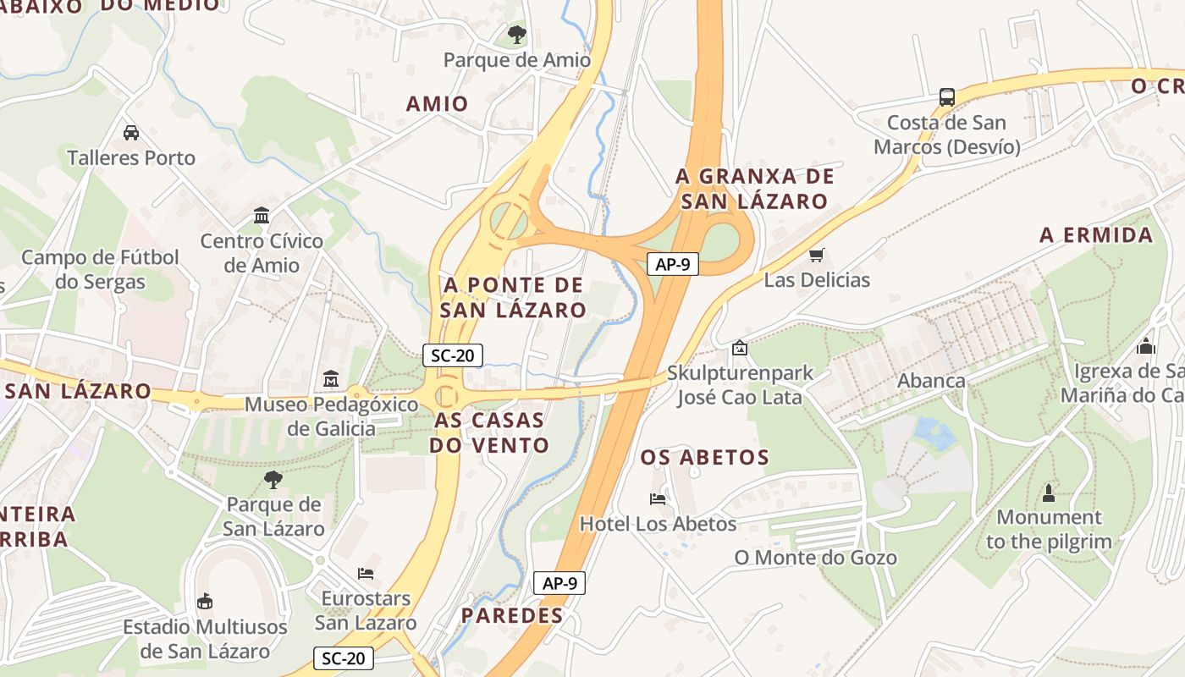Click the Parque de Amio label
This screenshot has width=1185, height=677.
516,60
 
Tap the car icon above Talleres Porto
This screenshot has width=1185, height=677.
131,133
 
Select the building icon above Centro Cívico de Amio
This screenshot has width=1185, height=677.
262,215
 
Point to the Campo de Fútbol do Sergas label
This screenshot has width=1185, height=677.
100,269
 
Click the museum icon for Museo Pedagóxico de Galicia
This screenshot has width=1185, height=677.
331,378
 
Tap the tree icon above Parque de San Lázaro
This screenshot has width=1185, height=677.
273,480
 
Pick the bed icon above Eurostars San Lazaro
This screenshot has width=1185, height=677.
366,573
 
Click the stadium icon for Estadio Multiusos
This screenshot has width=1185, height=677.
204,602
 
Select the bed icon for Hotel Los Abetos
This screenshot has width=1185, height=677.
658,498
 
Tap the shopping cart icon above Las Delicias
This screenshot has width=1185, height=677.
817,255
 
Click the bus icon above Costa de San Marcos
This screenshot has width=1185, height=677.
947,97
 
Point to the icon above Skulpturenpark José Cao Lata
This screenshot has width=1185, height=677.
739,347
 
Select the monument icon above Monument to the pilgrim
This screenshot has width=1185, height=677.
1049,493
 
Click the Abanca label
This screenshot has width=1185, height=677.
931,381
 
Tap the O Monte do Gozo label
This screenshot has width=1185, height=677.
815,558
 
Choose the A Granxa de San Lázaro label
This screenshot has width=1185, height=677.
754,189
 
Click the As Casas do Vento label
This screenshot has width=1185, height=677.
489,432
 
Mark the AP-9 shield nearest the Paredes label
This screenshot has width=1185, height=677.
559,583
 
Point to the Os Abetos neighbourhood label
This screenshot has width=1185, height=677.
704,458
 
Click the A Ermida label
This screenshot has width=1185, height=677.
1096,235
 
